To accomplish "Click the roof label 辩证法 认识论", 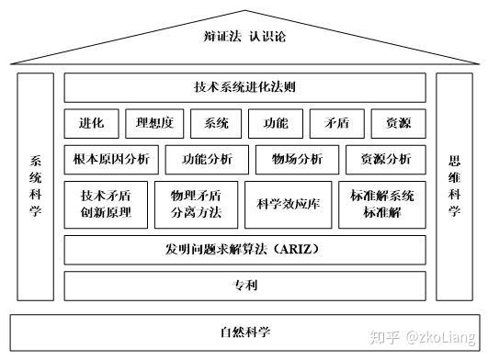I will click(244, 37).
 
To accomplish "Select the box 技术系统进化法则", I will click(244, 87).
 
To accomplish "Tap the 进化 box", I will click(91, 123).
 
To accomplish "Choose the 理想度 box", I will click(154, 123).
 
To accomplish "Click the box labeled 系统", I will click(216, 123).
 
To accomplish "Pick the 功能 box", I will click(275, 123).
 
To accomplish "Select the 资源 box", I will click(396, 123).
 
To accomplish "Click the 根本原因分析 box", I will click(111, 159).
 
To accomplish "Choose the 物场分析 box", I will click(297, 159).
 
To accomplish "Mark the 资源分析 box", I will click(385, 159).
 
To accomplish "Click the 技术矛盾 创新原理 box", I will click(106, 205).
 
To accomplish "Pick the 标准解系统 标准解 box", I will click(381, 205).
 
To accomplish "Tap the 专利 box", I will click(244, 286).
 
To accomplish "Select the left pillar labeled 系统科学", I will click(36, 186).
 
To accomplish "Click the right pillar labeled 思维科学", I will click(454, 186).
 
